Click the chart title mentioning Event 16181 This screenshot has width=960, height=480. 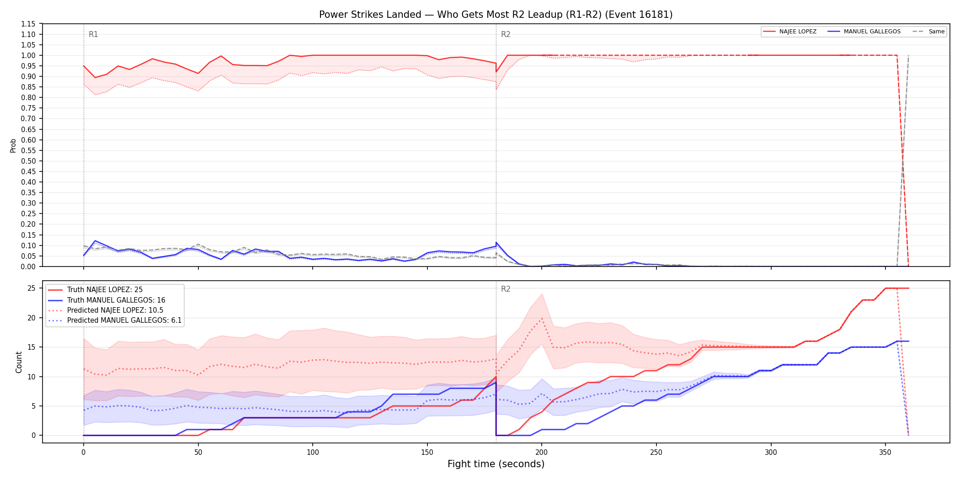tap(496, 15)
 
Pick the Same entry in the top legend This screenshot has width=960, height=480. tap(928, 32)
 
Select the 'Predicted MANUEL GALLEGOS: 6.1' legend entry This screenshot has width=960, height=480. tap(115, 320)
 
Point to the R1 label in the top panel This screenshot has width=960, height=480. tap(93, 34)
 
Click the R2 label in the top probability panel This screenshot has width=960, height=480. tap(506, 34)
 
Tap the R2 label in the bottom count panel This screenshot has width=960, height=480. tap(506, 289)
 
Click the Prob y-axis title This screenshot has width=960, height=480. tap(13, 145)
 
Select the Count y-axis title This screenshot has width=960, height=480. tap(19, 362)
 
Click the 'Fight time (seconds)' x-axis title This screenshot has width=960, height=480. tap(496, 464)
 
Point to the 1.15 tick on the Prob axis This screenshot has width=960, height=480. tap(28, 24)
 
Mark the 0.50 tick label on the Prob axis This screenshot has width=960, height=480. tap(28, 161)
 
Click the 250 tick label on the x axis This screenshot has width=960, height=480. tap(656, 453)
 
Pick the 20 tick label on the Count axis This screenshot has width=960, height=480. tap(32, 318)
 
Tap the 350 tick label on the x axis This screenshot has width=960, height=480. tap(885, 453)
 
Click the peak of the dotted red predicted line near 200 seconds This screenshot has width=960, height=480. tap(542, 319)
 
